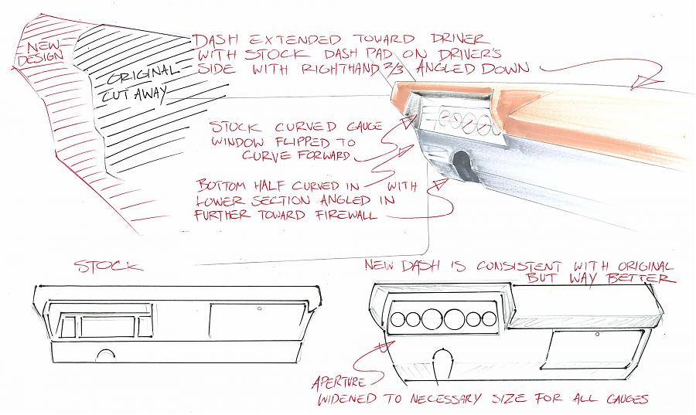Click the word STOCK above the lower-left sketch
click(x=109, y=266)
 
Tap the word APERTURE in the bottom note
click(x=339, y=382)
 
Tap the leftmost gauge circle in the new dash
click(x=398, y=319)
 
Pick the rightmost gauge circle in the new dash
click(x=489, y=319)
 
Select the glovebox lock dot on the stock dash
click(x=259, y=308)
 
